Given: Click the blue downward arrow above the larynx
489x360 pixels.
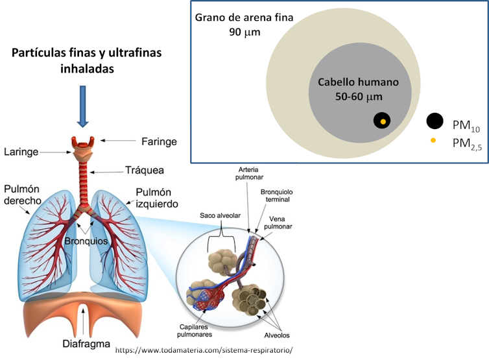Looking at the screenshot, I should tap(82, 105).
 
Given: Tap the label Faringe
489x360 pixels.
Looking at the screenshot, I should tap(158, 141).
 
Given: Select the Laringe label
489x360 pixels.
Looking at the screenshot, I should tap(21, 152).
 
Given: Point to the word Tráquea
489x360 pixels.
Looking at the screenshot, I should tap(144, 171).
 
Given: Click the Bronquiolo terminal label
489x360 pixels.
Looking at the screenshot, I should tap(276, 197).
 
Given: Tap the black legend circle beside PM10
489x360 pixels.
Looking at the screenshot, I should tap(435, 121).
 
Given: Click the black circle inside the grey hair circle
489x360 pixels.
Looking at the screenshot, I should tap(383, 121).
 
